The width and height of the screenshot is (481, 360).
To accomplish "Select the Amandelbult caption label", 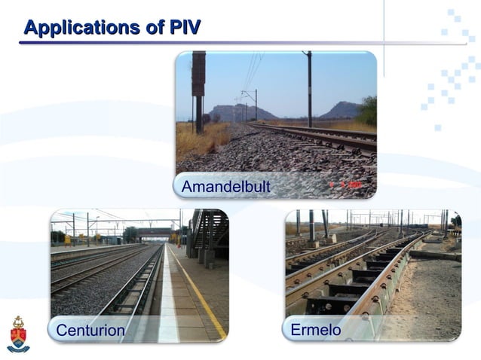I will [x=226, y=186].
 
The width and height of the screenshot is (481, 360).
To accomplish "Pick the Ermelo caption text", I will [x=316, y=330].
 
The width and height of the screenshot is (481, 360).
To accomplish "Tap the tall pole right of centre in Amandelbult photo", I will [x=308, y=90].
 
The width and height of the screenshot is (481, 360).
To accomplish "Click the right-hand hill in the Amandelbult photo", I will [x=341, y=111].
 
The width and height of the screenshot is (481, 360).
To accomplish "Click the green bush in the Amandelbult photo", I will [x=368, y=111].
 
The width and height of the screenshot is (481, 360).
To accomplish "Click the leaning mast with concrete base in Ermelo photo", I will [x=325, y=226].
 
